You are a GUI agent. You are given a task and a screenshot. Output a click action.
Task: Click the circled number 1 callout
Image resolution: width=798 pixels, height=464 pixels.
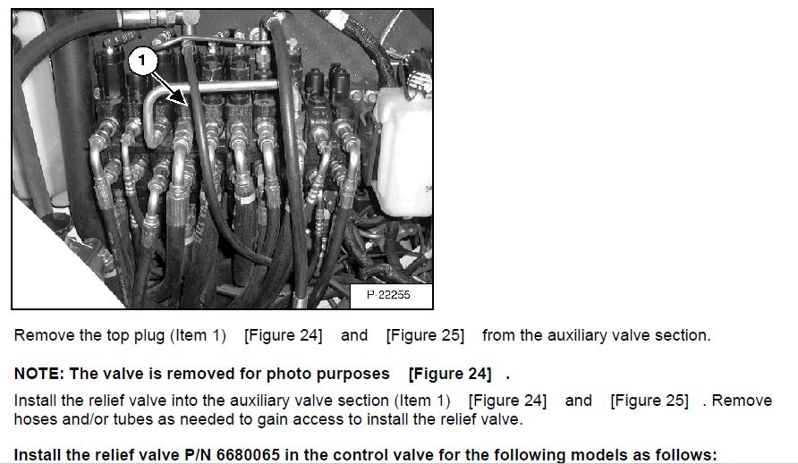click(x=141, y=61)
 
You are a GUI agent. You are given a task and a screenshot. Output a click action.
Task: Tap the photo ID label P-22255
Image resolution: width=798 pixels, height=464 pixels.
click(x=388, y=295)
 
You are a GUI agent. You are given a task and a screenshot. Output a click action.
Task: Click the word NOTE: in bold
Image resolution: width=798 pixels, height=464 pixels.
click(x=39, y=374)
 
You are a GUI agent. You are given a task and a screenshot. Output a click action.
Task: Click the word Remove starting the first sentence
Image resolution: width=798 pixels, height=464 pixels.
click(x=44, y=336)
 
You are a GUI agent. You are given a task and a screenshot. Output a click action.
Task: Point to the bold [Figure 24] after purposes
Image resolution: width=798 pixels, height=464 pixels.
click(x=450, y=374)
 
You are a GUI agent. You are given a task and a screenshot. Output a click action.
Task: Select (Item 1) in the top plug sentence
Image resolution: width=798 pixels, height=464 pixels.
click(x=198, y=336)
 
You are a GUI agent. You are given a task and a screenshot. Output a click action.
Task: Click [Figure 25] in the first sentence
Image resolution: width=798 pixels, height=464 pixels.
click(x=426, y=336)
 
